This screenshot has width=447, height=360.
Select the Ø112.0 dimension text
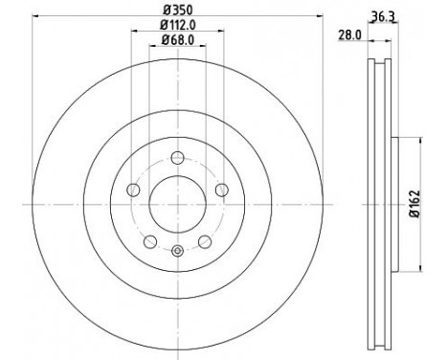(178, 27)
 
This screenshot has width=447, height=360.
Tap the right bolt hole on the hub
(222, 190)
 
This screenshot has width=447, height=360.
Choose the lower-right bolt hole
(206, 240)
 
